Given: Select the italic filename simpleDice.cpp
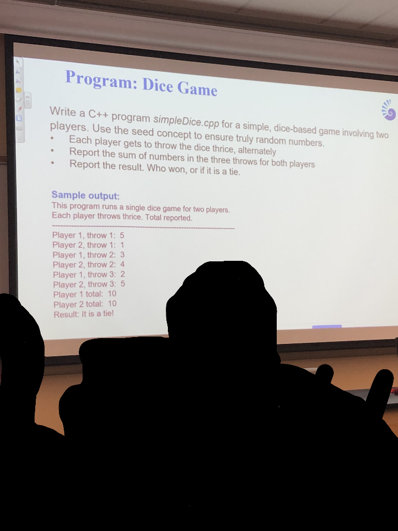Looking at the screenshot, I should pos(186,121).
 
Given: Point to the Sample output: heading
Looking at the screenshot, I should pos(86,195).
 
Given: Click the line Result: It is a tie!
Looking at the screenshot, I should pos(83,314).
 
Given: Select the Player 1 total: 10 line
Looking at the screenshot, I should pos(85,294).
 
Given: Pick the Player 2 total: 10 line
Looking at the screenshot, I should pos(85,304).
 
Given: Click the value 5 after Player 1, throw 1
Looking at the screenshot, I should pos(122,235).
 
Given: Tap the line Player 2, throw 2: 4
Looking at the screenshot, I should pos(89,264).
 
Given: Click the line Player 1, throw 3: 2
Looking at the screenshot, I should pos(89,274).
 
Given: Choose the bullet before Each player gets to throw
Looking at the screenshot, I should pos(52,139).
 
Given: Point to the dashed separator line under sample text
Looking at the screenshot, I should pos(143,227).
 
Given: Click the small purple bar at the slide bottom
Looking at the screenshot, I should pos(327,326).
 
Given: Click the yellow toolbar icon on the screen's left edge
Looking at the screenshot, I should pos(19,90).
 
